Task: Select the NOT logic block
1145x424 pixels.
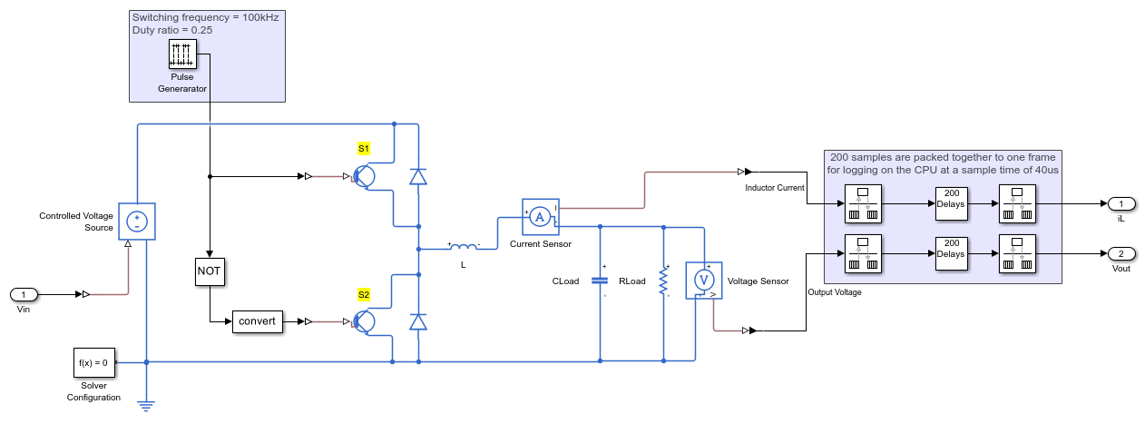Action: pos(209,271)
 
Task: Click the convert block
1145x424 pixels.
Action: pos(258,320)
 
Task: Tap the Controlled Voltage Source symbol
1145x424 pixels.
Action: pos(137,221)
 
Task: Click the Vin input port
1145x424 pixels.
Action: pos(24,294)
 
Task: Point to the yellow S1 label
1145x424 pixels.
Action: pos(364,148)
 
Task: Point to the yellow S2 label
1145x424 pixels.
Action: pos(364,294)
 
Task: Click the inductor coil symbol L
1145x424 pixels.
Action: pos(465,246)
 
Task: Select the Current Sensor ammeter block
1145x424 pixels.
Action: pos(539,217)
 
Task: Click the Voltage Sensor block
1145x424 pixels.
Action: pos(701,281)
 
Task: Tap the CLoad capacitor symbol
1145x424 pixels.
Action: pos(601,281)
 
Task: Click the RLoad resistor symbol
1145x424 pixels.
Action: pos(664,281)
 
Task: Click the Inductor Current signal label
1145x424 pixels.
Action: pos(775,188)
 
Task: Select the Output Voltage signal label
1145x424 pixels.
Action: pos(835,292)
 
